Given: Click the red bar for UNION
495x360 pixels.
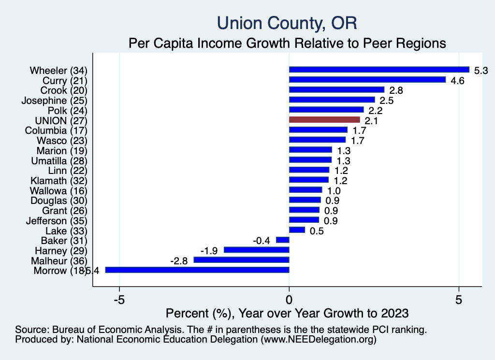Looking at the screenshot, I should (x=324, y=119).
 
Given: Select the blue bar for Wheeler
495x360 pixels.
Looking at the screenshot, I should (x=379, y=70).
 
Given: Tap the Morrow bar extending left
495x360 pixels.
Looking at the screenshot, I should (x=197, y=270).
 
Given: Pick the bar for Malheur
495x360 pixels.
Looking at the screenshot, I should (x=241, y=260).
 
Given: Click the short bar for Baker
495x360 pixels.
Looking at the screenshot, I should (x=282, y=240).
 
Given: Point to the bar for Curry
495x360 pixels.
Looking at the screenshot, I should (x=367, y=80).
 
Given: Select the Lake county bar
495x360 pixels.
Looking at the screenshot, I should (x=297, y=230).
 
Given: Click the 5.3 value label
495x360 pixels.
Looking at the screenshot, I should (x=481, y=71).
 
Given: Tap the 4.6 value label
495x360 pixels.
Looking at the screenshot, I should (x=457, y=81).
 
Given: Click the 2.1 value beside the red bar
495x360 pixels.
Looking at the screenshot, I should (x=372, y=120).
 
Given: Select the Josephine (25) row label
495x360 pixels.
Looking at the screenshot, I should (x=54, y=100).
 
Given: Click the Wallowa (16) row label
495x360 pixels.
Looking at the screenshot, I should (x=58, y=190).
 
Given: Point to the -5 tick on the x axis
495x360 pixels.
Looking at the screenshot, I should (x=119, y=299).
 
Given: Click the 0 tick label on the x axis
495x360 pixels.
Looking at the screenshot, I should (x=289, y=299).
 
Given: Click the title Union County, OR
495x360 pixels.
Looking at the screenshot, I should (x=287, y=23).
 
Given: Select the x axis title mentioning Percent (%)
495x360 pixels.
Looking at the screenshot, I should (x=287, y=313).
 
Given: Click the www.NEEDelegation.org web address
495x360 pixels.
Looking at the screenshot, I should (x=319, y=340).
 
